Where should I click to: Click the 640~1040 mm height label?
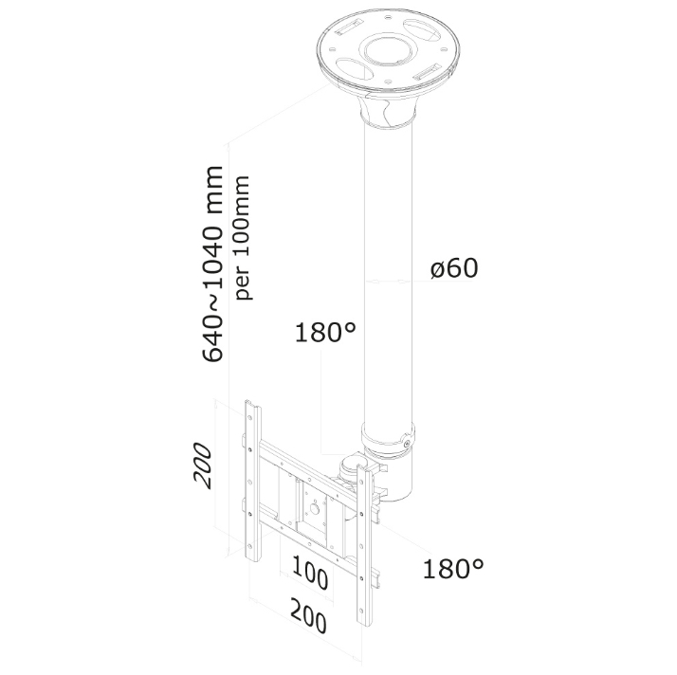[x=212, y=264]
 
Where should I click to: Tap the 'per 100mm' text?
[x=242, y=237]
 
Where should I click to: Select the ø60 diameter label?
[x=454, y=267]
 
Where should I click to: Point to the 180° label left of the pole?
[x=325, y=333]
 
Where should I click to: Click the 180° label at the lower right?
[x=453, y=569]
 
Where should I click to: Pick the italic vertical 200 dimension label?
[x=203, y=465]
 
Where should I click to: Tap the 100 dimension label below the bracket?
[x=310, y=573]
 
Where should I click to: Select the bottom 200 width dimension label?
[x=308, y=615]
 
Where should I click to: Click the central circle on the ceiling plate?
[x=390, y=51]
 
